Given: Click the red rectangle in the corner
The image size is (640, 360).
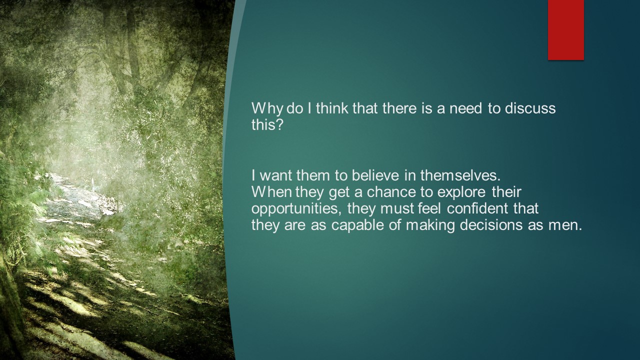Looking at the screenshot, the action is tap(565, 30).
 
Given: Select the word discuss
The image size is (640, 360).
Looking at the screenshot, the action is tap(530, 108).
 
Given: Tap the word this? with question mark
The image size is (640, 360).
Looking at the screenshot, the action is tap(267, 124).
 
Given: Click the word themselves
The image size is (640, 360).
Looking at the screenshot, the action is tap(460, 175).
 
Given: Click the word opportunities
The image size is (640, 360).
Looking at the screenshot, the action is tap(296, 209).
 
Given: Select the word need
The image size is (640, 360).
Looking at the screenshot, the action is tap(465, 108).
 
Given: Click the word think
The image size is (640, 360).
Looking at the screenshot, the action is tap(332, 108).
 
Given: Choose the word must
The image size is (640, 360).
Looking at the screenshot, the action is tap(397, 208).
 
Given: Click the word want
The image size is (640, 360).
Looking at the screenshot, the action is tap(276, 175).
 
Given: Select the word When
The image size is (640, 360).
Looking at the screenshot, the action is tap(271, 191).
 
